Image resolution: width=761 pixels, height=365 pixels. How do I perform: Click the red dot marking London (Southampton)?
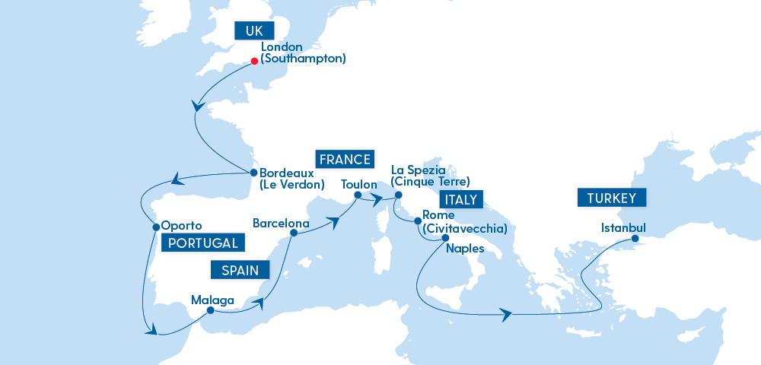(x=253, y=62)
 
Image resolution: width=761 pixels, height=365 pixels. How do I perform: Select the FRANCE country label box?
(x=346, y=160)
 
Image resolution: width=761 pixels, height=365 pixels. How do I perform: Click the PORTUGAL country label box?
(x=204, y=243)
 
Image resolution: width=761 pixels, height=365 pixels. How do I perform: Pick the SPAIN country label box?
(x=240, y=270)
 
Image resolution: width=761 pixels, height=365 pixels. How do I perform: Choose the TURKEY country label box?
(x=616, y=199)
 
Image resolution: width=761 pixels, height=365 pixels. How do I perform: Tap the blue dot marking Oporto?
(x=155, y=226)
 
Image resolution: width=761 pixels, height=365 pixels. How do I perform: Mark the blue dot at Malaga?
(x=209, y=309)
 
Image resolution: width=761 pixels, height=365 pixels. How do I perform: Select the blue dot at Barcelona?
(x=293, y=233)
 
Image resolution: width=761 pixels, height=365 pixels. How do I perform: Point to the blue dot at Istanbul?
(x=635, y=240)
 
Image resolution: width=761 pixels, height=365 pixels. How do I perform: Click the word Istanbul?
(x=623, y=227)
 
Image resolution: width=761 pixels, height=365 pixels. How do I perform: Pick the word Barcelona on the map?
(x=281, y=224)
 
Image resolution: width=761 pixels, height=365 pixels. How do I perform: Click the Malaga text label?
(x=213, y=299)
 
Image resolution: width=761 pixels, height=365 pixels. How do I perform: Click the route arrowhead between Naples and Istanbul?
(x=505, y=313)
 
